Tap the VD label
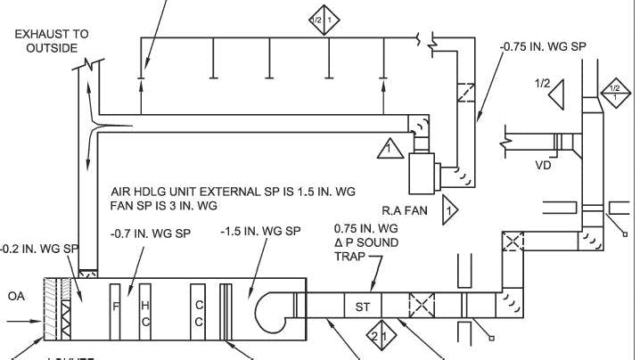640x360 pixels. coord(545,165)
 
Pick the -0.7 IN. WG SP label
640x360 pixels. coord(151,233)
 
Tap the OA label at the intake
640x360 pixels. coord(17,295)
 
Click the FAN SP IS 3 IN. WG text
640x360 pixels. coord(164,206)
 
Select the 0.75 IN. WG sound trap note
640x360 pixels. coord(365,241)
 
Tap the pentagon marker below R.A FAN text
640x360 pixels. coord(451,211)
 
